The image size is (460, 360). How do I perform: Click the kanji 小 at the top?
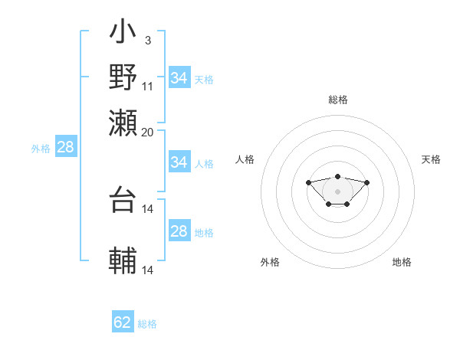click(x=123, y=34)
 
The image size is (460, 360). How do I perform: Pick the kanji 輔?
click(x=123, y=260)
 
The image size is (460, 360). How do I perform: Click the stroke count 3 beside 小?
click(x=147, y=41)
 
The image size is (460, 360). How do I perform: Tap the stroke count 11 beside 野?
click(x=148, y=86)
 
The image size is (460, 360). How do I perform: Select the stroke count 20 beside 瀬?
click(x=148, y=132)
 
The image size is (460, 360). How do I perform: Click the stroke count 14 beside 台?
click(x=148, y=208)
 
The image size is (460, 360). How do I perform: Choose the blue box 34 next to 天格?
click(x=179, y=78)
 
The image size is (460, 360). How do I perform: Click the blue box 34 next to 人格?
click(x=179, y=162)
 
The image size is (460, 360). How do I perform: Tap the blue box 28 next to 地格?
click(x=179, y=231)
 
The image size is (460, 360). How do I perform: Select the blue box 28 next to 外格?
click(x=65, y=148)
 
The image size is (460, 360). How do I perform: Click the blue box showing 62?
click(x=123, y=322)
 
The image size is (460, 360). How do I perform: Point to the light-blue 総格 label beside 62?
click(x=148, y=324)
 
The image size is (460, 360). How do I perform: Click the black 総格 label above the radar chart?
click(x=338, y=100)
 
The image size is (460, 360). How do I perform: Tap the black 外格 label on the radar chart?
click(x=270, y=262)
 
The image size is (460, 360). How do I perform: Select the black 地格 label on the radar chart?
click(x=402, y=262)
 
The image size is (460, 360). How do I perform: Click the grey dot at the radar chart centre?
click(x=337, y=191)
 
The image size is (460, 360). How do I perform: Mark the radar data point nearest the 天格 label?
click(x=366, y=182)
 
